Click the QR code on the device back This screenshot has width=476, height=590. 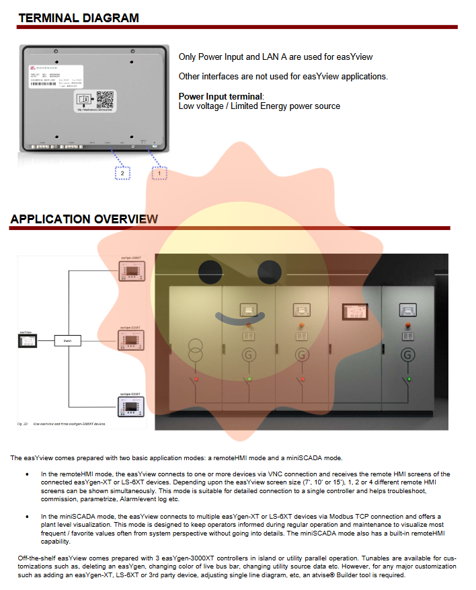coord(105,100)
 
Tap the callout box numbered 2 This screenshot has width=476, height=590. coord(122,173)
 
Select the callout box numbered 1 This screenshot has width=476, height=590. coord(159,173)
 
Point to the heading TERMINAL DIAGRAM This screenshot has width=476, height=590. coord(79,18)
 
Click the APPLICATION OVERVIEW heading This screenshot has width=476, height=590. coord(84,219)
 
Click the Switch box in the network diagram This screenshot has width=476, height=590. coord(67,342)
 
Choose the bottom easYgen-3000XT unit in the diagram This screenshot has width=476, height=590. coord(130,406)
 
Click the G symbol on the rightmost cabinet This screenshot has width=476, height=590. coord(407,354)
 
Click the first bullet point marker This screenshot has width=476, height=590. coord(27,474)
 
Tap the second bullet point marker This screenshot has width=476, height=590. coord(27,515)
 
